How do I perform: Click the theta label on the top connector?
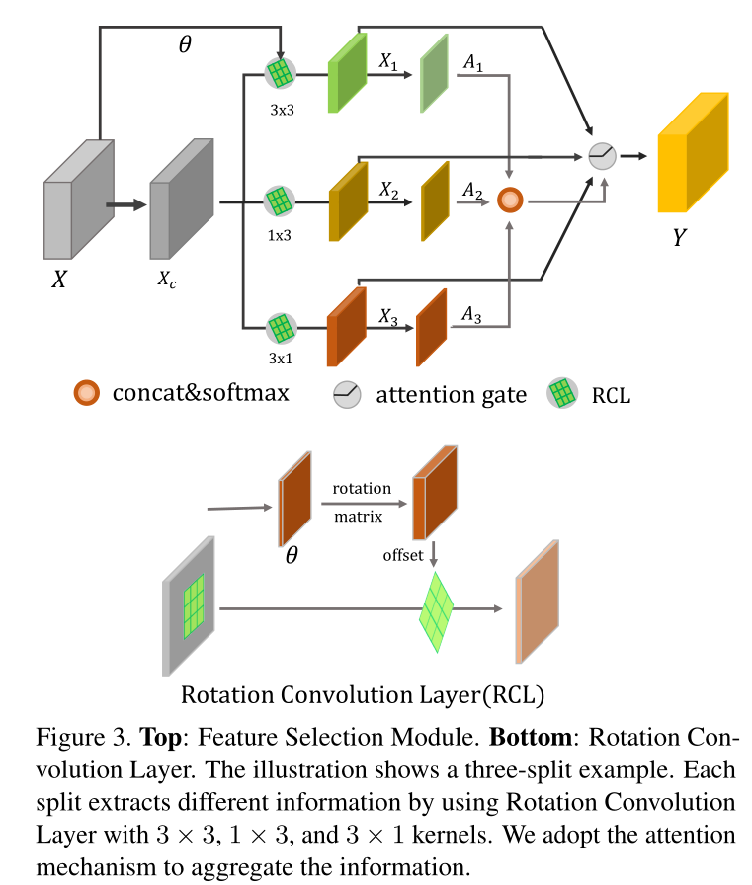pos(184,44)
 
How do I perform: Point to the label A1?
pos(473,62)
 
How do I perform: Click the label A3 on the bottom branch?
pos(473,315)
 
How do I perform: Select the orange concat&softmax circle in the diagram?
pos(510,201)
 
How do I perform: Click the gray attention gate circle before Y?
pos(602,155)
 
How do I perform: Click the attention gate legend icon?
pos(348,394)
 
